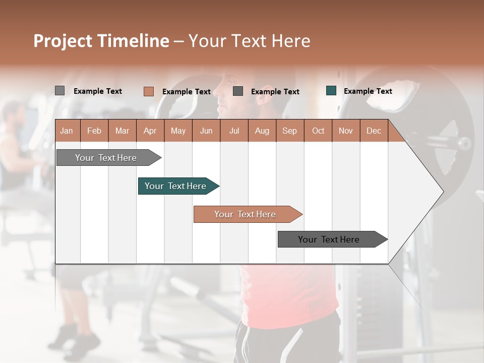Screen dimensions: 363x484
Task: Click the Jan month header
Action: coord(67,131)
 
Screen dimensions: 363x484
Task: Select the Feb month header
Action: coord(94,131)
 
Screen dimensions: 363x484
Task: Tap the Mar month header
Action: coord(122,131)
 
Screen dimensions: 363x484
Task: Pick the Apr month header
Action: coord(150,131)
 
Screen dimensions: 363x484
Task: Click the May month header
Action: coord(178,131)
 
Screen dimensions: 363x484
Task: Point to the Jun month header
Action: coord(206,131)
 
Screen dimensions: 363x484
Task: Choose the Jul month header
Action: coord(234,131)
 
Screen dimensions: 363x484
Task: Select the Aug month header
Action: coord(262,131)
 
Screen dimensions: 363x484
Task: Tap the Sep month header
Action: coord(290,131)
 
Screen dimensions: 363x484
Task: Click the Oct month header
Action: coord(318,131)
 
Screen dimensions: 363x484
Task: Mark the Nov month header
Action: coord(346,131)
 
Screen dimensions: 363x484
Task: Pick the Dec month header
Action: coord(374,131)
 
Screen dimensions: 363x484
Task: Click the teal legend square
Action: coord(331,91)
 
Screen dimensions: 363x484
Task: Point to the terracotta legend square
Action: coord(148,91)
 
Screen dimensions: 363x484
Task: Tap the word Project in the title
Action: coord(63,41)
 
